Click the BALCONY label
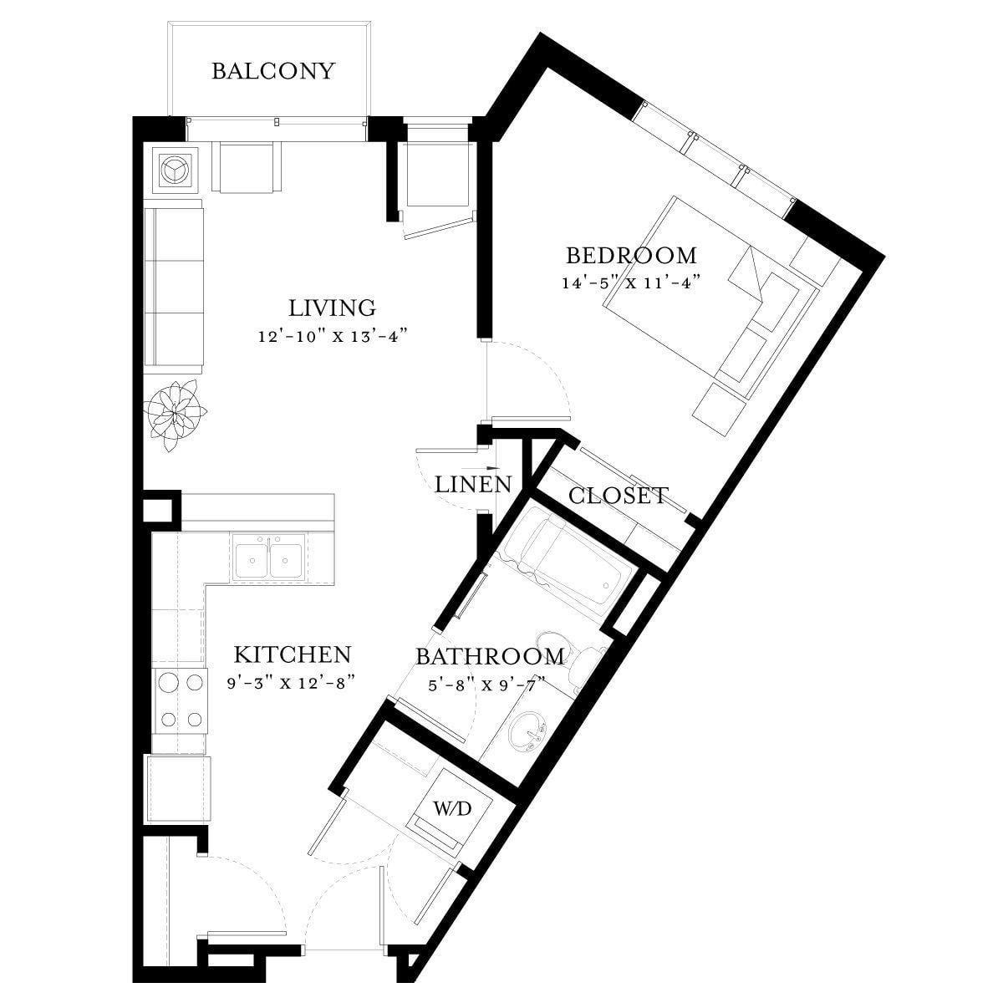272,71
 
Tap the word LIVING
332,308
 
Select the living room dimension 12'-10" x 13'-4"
332,336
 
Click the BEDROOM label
631,256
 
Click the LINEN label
473,485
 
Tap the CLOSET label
618,496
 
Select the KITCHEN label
293,654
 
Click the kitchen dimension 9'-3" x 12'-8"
292,682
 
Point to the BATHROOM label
490,656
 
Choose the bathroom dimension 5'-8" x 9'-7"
487,685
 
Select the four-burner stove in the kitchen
180,701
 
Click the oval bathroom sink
527,733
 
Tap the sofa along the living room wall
173,287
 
